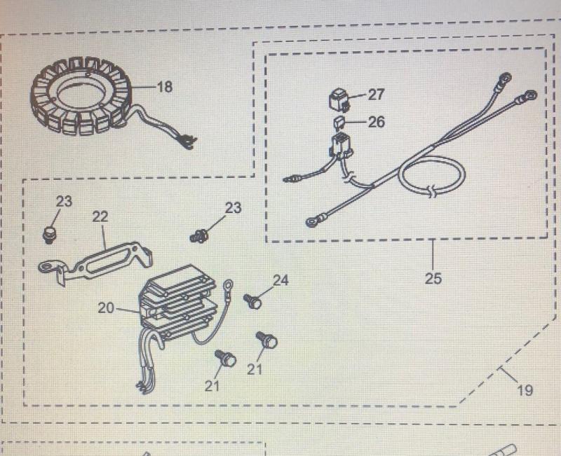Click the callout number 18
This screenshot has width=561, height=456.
coord(165,86)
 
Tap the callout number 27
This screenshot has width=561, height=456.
coord(376,95)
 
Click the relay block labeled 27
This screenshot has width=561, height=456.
coord(339,99)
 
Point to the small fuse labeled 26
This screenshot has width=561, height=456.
coord(339,124)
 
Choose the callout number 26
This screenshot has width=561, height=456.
coord(376,122)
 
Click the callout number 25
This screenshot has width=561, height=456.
coord(433,278)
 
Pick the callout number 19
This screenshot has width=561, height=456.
coord(525,390)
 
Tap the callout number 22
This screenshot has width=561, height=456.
coord(100,216)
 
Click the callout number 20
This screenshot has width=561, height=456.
coord(106,308)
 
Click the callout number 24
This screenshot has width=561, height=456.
coord(280,280)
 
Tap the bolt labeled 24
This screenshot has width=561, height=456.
coord(253,302)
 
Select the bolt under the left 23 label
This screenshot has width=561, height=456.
coord(49,234)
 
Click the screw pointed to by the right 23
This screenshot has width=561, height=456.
coord(199,236)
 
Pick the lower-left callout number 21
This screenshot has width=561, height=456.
coord(212,385)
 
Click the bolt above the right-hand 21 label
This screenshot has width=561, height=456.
coord(267,340)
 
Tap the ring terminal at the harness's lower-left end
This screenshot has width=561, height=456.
coord(312,222)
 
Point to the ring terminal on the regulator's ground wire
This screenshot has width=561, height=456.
coord(228,285)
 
